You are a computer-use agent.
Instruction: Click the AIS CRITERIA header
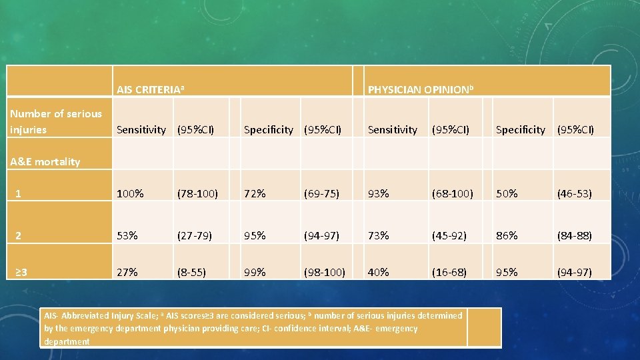(150, 89)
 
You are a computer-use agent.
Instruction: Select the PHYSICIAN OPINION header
(421, 89)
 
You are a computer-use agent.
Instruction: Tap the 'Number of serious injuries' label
(56, 121)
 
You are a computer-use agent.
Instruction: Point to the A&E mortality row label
(45, 161)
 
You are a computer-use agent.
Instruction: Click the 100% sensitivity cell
(130, 194)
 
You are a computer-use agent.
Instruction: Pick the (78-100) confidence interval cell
(197, 194)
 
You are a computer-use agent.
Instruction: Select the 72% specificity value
(255, 194)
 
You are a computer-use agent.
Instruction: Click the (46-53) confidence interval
(575, 194)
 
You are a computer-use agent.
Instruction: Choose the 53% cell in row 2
(127, 235)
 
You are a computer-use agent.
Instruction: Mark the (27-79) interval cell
(195, 235)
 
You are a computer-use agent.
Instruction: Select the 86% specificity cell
(507, 235)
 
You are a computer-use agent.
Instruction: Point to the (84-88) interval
(575, 235)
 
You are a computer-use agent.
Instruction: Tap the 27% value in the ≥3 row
(127, 272)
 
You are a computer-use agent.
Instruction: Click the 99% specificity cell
(255, 272)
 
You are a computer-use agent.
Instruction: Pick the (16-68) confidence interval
(449, 272)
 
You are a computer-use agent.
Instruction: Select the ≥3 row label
(21, 272)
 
